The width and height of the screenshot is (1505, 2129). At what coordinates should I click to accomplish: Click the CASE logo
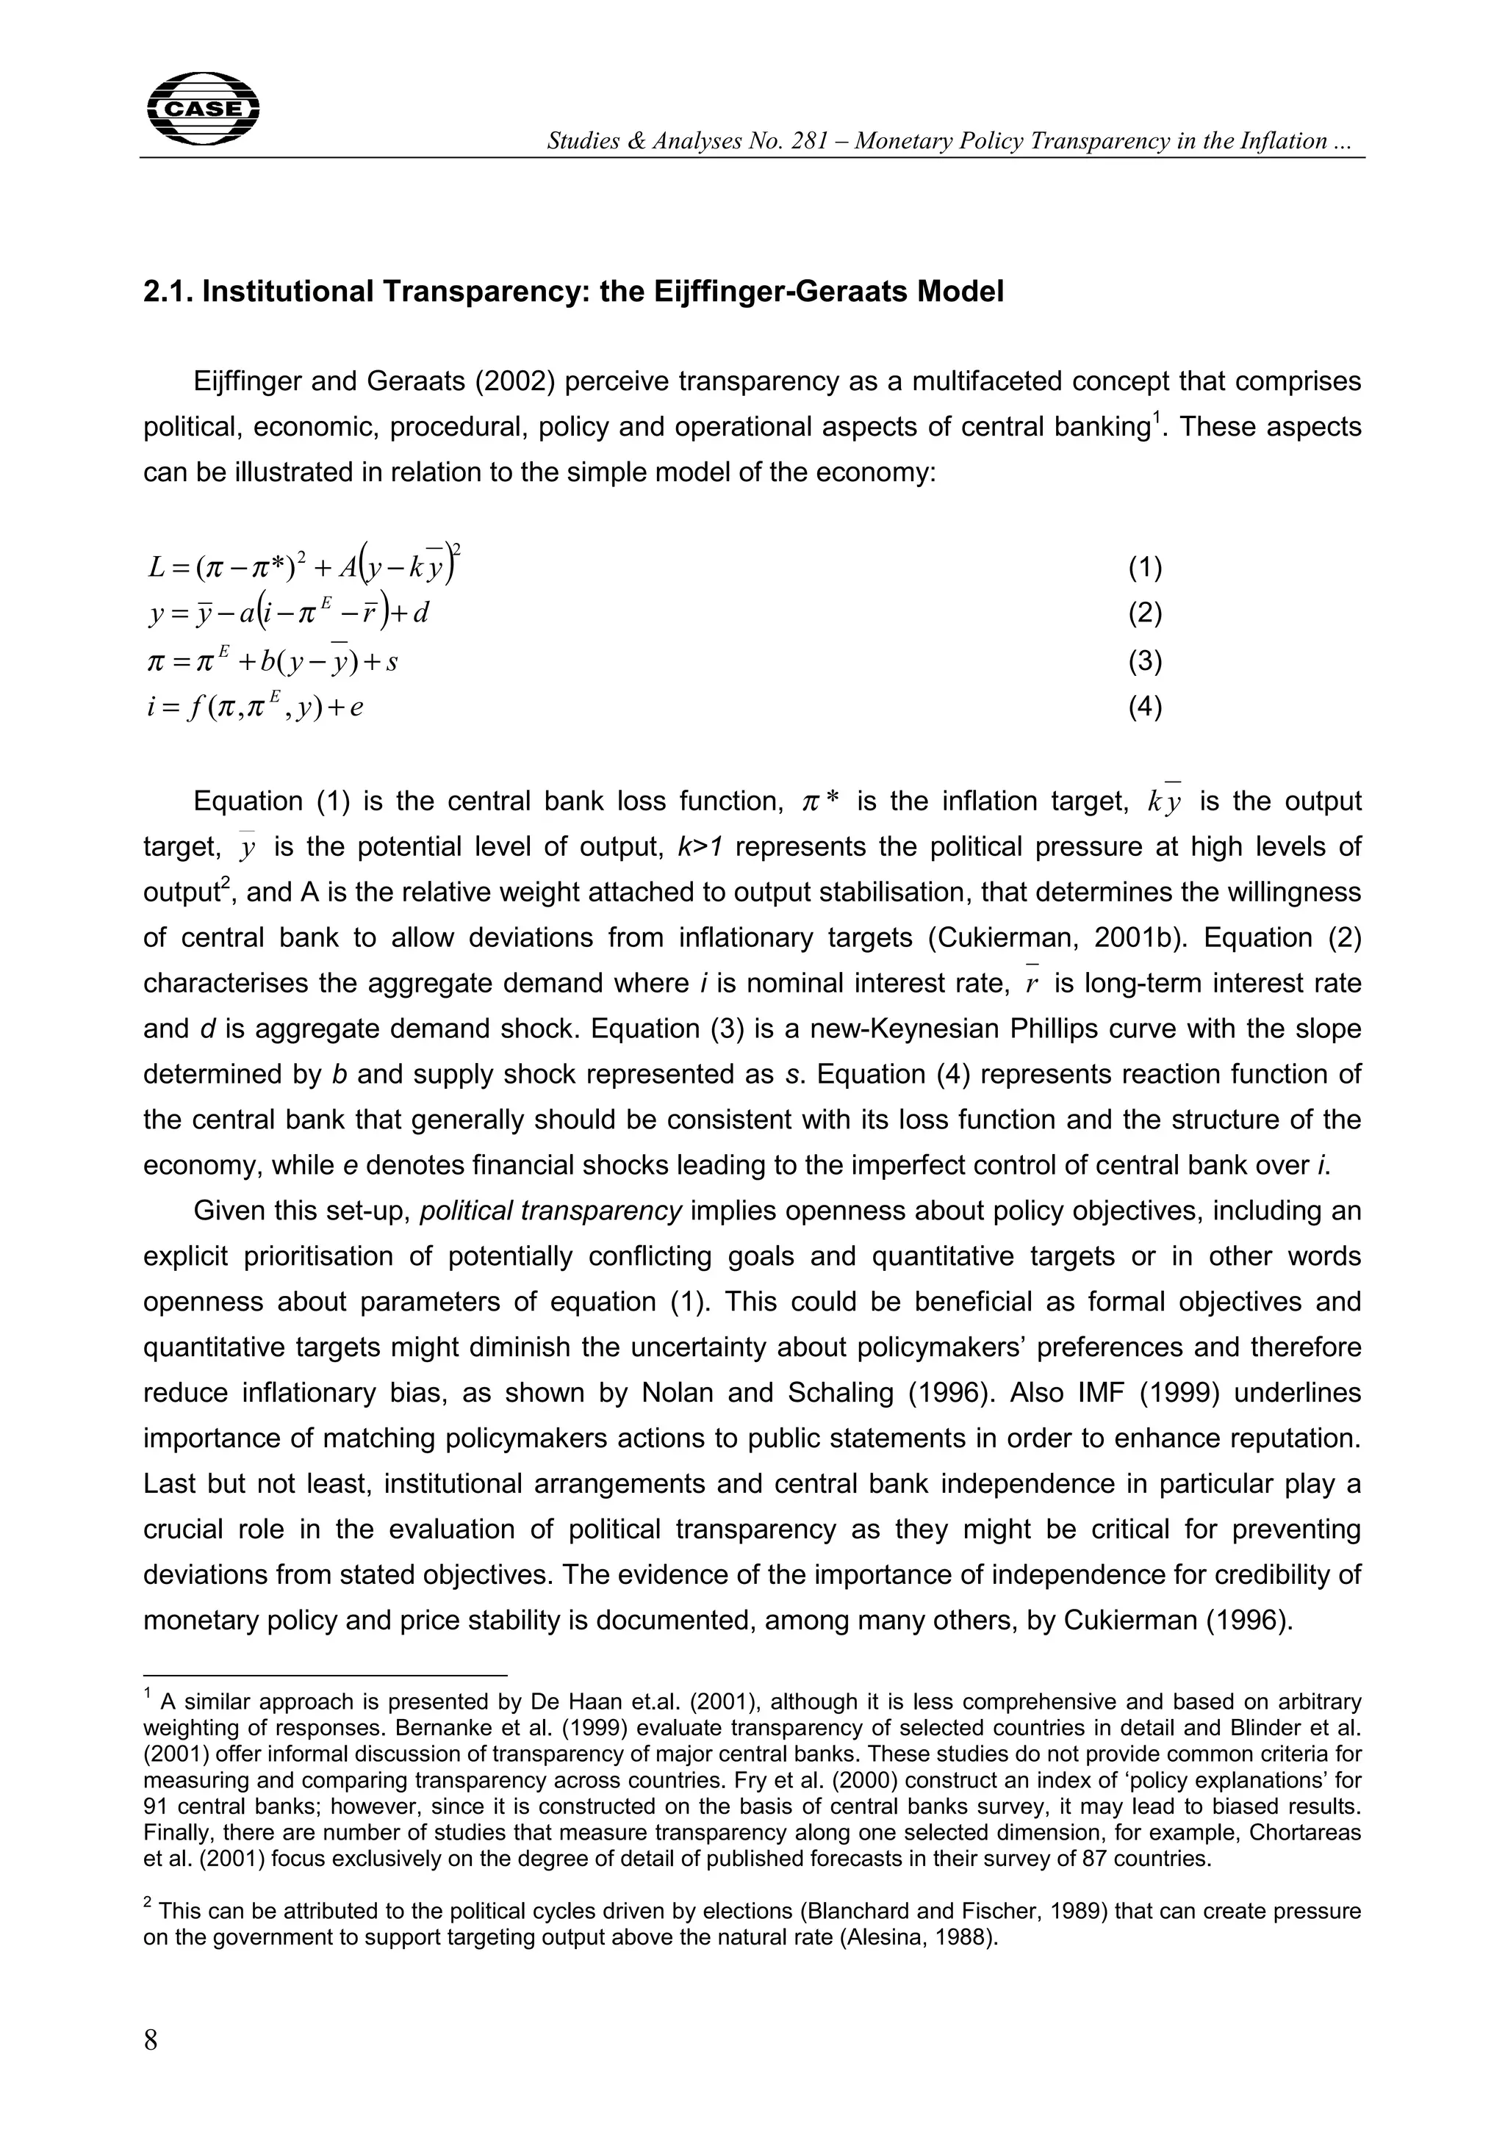pos(203,109)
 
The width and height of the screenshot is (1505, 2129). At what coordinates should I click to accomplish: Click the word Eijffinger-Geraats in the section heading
pos(772,292)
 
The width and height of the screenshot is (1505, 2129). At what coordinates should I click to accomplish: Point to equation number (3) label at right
pos(1145,661)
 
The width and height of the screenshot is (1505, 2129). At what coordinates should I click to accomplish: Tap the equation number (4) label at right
pos(1145,707)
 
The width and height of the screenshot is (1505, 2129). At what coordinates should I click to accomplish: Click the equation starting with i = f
pos(256,708)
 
